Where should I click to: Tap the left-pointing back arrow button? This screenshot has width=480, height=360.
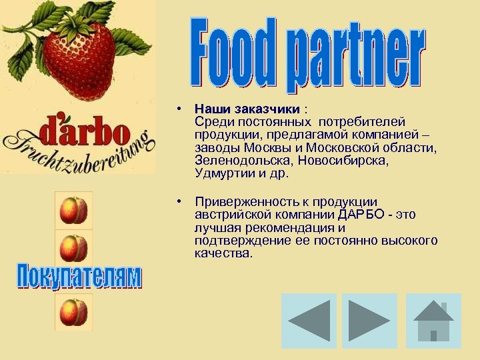(x=309, y=321)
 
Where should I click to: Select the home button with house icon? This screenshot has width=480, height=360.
(x=433, y=321)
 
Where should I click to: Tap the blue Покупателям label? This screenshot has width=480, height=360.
(x=79, y=277)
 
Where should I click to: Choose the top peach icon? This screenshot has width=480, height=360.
(x=73, y=211)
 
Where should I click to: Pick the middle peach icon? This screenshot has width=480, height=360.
(x=73, y=248)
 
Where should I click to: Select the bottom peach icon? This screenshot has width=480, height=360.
(x=73, y=312)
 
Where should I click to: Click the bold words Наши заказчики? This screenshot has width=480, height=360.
(x=247, y=109)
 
